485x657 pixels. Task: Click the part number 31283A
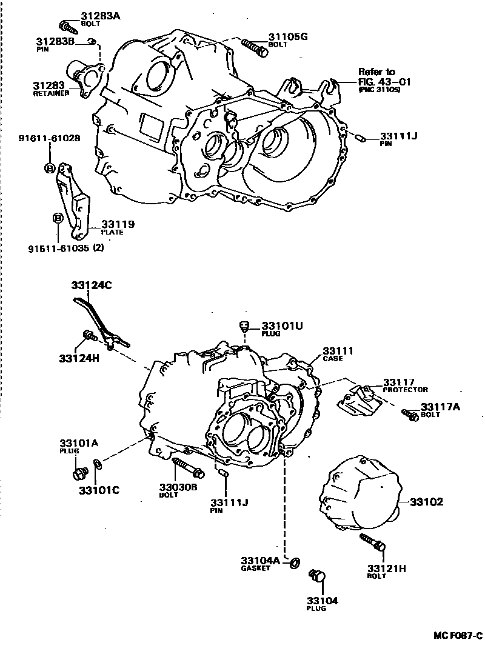[100, 16]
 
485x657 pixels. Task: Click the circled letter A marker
[50, 168]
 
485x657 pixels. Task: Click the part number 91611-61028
[49, 139]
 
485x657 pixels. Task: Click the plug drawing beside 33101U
[246, 325]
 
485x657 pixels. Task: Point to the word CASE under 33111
[333, 359]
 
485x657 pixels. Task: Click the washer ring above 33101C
[98, 466]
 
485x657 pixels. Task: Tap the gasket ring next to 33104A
[294, 562]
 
